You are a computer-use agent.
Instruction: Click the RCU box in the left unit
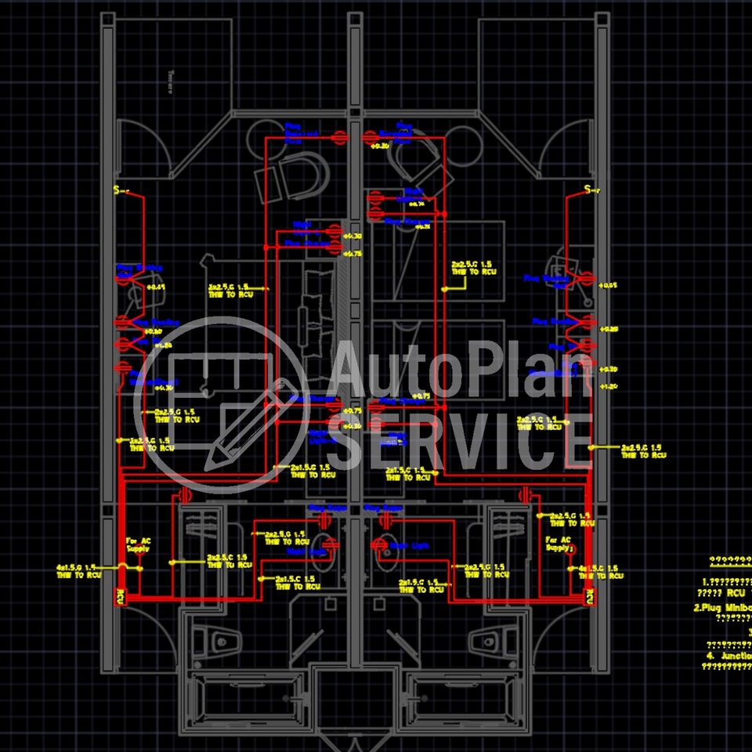pos(121,597)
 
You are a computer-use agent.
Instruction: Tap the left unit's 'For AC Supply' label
pos(137,544)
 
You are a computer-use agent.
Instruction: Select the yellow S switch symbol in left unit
pos(119,190)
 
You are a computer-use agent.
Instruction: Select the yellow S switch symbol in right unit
pos(589,190)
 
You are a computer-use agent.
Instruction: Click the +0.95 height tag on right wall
pos(608,285)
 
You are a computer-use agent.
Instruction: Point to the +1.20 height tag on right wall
pos(608,386)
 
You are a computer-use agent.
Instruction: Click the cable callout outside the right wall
pos(643,450)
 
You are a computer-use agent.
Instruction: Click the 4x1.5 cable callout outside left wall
pos(79,570)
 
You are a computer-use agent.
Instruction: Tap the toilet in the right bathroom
pos(490,641)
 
